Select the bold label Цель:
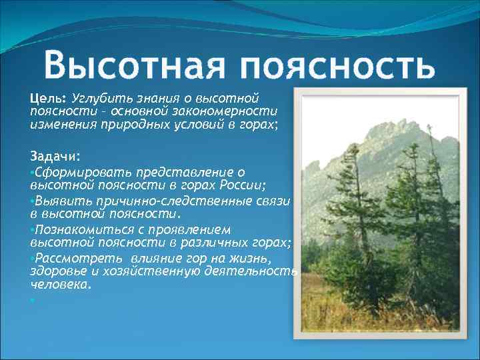point(48,97)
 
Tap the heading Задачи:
point(55,156)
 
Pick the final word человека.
point(61,283)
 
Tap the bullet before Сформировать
point(32,172)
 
